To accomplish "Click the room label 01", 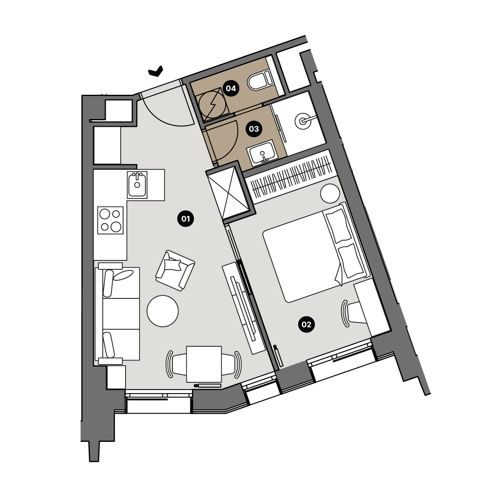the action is click(185, 219).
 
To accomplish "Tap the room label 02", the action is click(306, 324).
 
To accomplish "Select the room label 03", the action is click(254, 129).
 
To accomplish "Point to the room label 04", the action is click(231, 88).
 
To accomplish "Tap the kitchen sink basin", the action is click(137, 185).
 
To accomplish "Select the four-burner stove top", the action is click(111, 220).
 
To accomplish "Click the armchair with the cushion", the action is click(175, 271).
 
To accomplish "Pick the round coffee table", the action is click(163, 311).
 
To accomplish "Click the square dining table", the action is click(204, 364).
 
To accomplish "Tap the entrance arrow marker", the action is click(156, 71).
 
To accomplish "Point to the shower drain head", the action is click(302, 121).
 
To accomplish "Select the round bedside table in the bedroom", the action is click(330, 194).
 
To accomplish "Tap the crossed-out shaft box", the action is click(230, 192).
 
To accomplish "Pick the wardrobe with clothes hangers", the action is click(292, 177).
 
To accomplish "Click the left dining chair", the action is click(176, 364).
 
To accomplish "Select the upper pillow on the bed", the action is click(338, 226).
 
